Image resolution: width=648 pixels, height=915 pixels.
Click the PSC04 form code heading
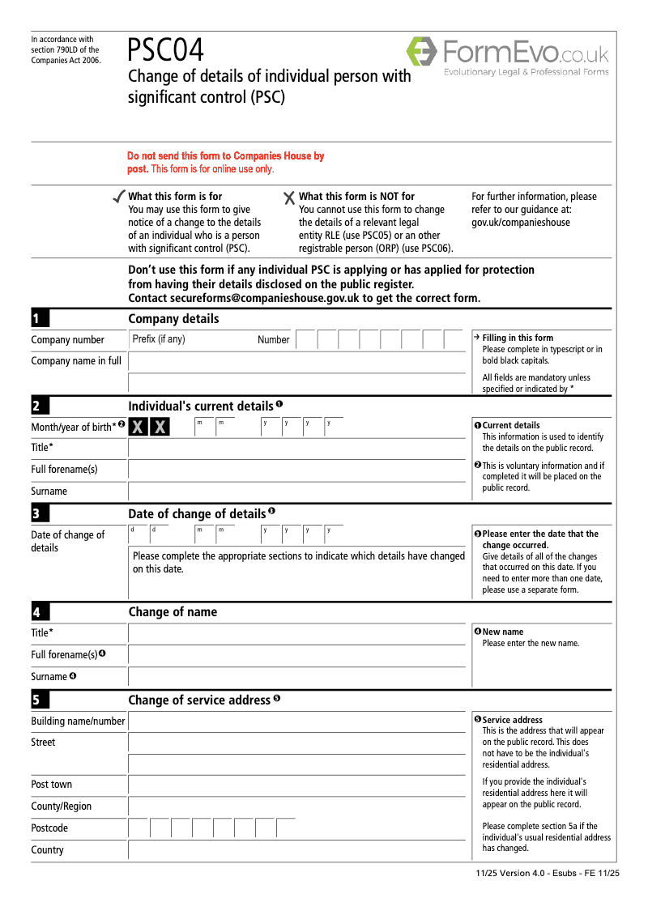pos(166,51)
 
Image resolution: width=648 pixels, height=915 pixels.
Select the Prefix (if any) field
pos(191,339)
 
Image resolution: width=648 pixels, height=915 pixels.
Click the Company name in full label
pos(76,361)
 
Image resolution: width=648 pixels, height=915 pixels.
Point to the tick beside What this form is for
pos(118,197)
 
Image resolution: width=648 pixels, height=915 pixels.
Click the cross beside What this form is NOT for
pos(289,198)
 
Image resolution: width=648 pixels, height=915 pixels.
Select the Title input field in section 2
pos(296,447)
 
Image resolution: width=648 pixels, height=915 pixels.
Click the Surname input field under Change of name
pos(296,676)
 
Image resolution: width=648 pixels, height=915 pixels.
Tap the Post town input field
pos(296,784)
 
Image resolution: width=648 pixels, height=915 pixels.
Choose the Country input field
pos(296,849)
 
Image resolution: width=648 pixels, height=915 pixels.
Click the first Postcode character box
pos(139,828)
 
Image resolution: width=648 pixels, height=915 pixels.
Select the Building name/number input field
pos(296,721)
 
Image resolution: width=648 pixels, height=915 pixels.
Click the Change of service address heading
pos(199,700)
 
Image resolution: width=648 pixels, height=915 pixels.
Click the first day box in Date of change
pos(139,534)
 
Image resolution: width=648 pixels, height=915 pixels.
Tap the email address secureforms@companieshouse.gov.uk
pos(266,298)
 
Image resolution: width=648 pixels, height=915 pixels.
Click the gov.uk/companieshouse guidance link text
pos(520,223)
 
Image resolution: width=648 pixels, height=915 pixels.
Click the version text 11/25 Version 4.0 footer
pos(548,874)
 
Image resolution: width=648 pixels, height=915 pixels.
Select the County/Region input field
pos(296,806)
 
